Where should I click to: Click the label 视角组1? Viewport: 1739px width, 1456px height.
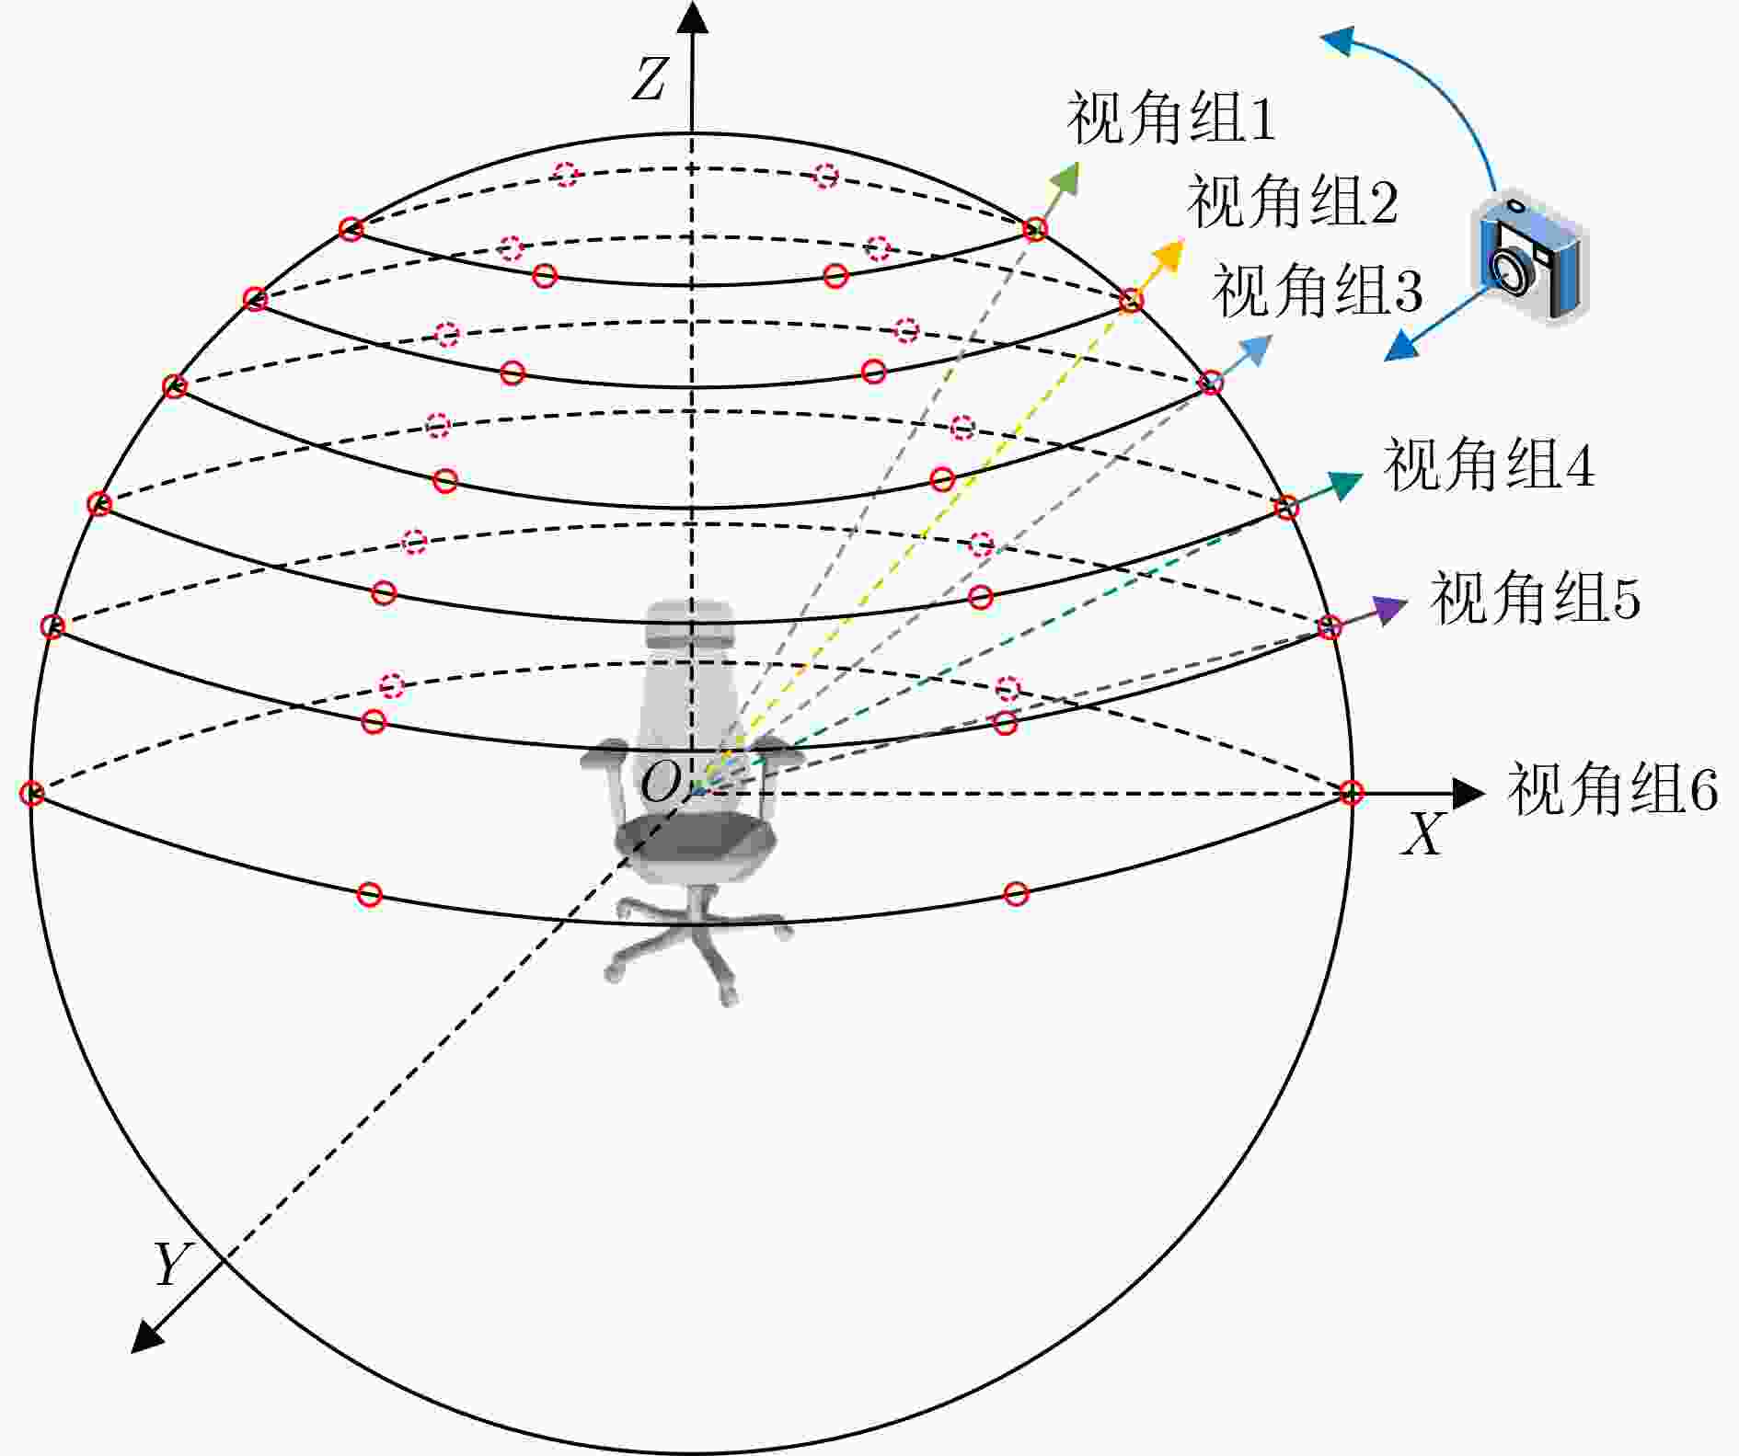pos(1171,119)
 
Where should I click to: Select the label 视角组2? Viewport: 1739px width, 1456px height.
pos(1293,202)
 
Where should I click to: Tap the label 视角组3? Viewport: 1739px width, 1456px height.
pos(1318,291)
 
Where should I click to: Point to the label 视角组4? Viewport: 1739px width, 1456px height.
pos(1489,464)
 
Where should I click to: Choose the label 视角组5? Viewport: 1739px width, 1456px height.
pos(1535,598)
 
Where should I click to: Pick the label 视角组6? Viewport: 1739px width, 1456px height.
pos(1612,789)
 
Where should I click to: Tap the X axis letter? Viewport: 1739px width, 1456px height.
pos(1422,835)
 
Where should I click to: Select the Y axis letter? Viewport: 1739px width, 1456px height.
pos(171,1265)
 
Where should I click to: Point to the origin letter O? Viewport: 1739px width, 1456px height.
pos(661,785)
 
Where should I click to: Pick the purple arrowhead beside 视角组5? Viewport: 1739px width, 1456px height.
pos(1390,609)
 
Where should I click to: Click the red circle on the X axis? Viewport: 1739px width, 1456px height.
pos(1351,792)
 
